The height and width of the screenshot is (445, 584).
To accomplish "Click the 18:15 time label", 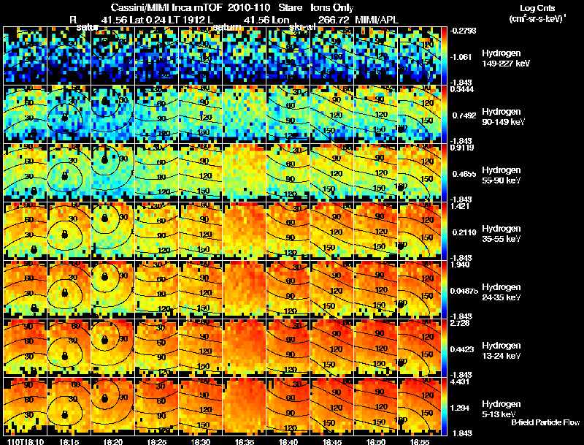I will pyautogui.click(x=69, y=441).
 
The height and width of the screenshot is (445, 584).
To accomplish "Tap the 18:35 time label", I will pyautogui.click(x=245, y=441).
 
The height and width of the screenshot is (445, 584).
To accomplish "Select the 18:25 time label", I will pyautogui.click(x=157, y=441).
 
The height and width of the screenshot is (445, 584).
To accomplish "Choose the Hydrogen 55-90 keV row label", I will pyautogui.click(x=502, y=175).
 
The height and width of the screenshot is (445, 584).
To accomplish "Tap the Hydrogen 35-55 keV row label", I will pyautogui.click(x=502, y=234).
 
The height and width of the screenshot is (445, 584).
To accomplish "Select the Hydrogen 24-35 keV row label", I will pyautogui.click(x=502, y=292).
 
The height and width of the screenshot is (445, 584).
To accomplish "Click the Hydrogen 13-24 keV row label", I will pyautogui.click(x=502, y=351).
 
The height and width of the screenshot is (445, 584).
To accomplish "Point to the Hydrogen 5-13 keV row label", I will pyautogui.click(x=500, y=408).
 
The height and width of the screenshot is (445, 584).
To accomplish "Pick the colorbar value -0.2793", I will pyautogui.click(x=464, y=31).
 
